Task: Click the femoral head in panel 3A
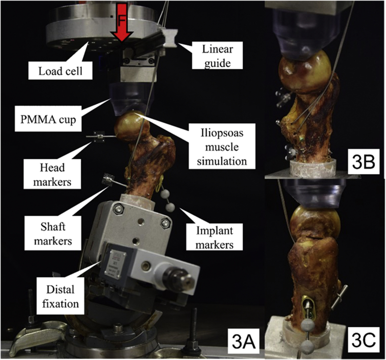[x=130, y=126]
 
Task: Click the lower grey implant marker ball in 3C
[x=307, y=347]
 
